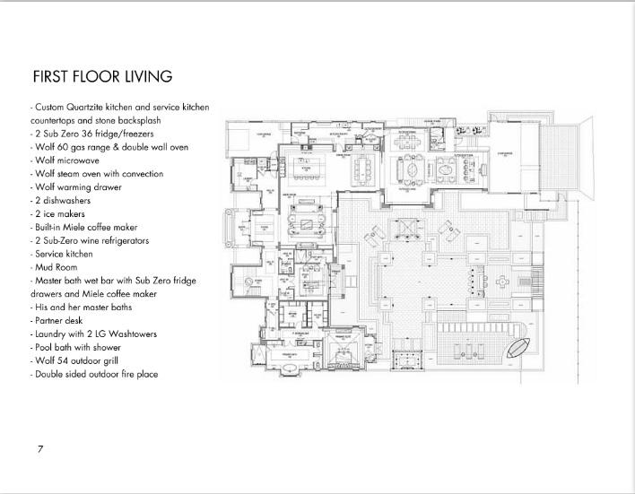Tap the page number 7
coord(40,448)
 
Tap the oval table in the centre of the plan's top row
coord(412,170)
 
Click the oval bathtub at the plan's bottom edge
coord(342,361)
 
